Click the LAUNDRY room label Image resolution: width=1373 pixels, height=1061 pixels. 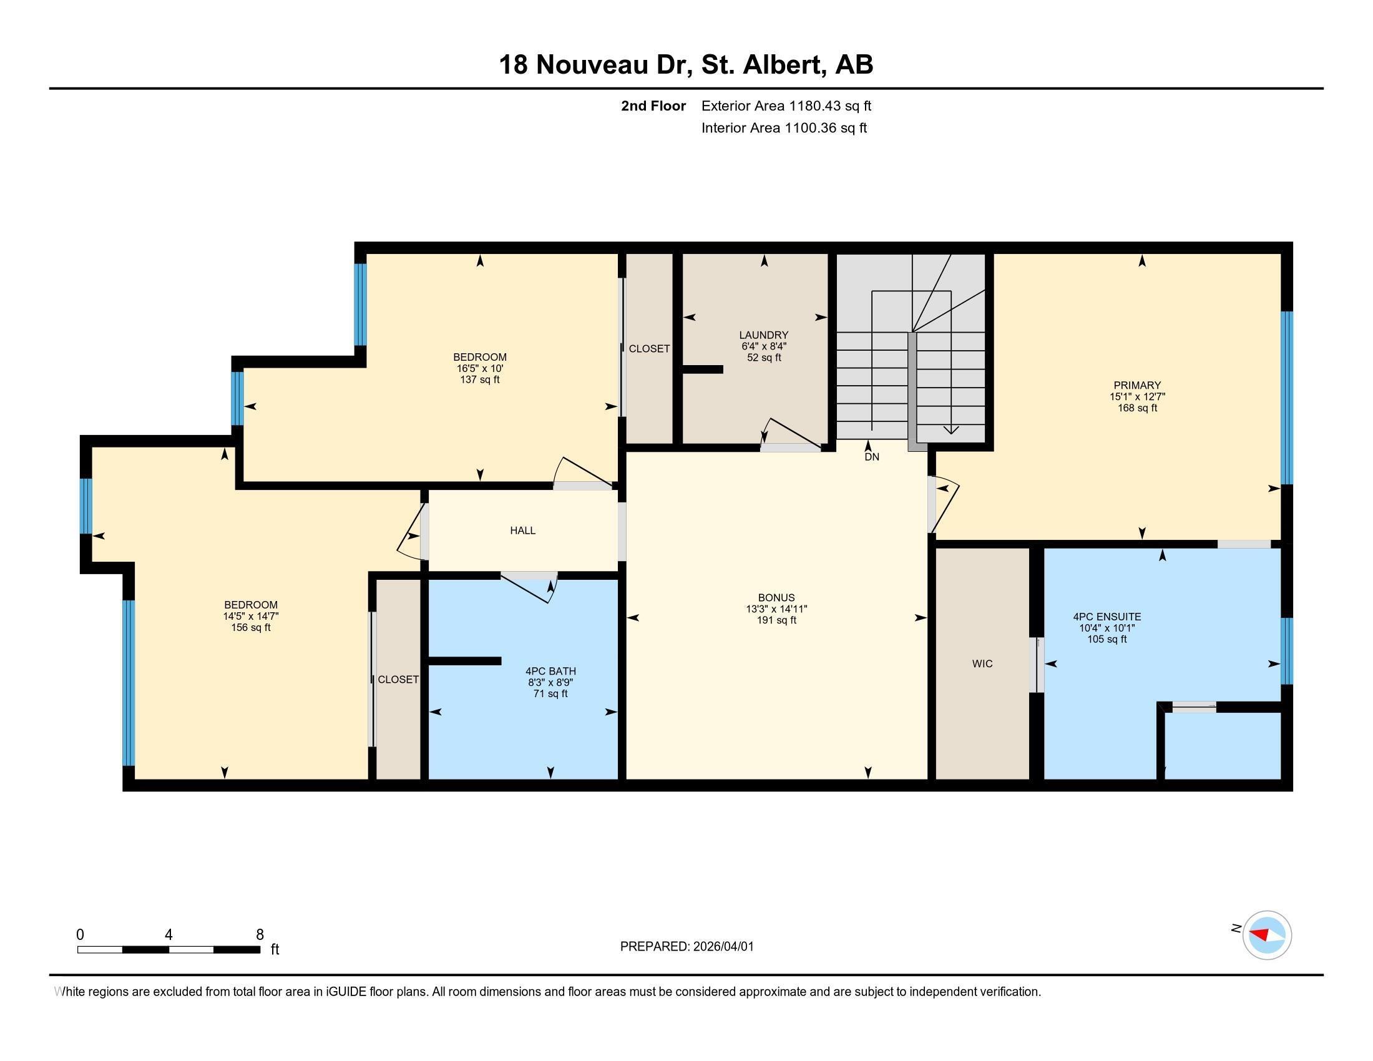(763, 335)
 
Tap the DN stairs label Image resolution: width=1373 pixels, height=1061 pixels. (871, 457)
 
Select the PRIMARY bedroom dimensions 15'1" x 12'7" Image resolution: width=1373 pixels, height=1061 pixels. (1136, 396)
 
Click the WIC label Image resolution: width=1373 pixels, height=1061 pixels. (982, 664)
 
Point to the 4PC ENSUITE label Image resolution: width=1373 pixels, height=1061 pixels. (1107, 617)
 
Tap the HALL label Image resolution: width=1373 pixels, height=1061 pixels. (522, 530)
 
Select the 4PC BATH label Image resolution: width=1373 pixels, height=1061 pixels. (550, 672)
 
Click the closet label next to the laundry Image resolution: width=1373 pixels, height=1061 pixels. (649, 349)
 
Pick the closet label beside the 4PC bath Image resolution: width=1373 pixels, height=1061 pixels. (398, 680)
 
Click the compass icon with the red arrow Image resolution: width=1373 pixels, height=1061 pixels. (1266, 935)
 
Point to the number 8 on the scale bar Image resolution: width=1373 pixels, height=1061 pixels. (260, 934)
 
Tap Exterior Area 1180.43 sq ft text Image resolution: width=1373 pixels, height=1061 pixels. (786, 106)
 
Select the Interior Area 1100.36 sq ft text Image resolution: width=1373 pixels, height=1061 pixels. (783, 128)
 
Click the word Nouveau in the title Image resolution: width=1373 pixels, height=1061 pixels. (591, 65)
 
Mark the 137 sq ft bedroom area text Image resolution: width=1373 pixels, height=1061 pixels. (479, 379)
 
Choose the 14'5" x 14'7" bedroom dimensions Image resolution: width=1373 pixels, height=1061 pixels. (250, 617)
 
